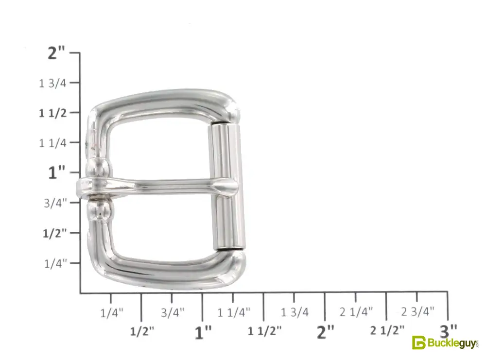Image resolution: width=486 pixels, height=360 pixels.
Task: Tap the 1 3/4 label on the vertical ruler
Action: coord(52,83)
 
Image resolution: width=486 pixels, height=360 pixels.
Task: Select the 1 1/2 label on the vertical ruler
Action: coord(52,113)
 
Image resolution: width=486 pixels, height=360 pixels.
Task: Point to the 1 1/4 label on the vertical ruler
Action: coord(52,143)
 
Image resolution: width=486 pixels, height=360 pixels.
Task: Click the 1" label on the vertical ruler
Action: coord(57,172)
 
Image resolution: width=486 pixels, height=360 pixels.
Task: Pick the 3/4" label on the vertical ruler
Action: coord(55,203)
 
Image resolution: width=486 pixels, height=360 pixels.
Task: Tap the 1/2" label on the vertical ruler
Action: coord(55,233)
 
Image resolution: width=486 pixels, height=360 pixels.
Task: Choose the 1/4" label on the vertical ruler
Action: coord(55,264)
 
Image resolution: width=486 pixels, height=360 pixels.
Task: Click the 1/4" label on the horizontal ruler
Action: coord(112,312)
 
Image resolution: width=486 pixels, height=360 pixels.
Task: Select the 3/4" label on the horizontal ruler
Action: coord(173,312)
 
